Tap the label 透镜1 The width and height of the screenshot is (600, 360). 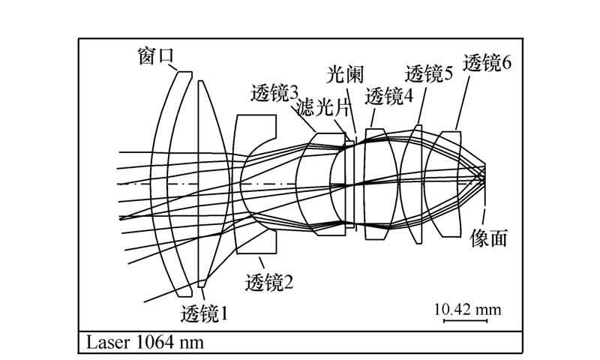tap(204, 313)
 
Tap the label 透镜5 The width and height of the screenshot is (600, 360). tap(428, 73)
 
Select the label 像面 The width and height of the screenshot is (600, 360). tap(488, 238)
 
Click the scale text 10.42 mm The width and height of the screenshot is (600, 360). tap(466, 308)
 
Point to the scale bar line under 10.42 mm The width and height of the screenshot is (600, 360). tap(466, 321)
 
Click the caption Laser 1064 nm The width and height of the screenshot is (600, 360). tap(142, 343)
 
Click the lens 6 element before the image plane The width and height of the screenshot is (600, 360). tap(448, 184)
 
